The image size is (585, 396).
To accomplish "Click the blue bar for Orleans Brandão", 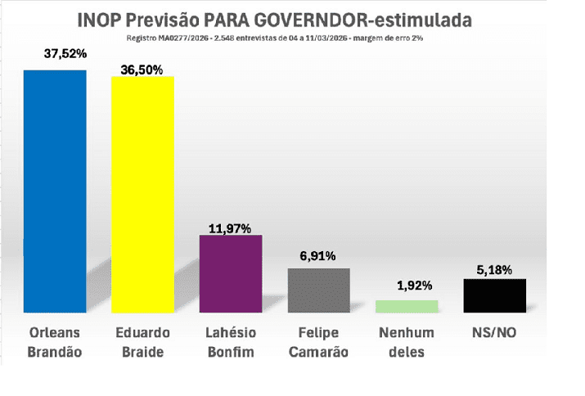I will [x=54, y=191].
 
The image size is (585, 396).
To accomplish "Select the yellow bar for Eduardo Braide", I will [x=142, y=194].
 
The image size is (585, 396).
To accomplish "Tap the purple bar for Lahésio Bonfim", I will [x=231, y=273].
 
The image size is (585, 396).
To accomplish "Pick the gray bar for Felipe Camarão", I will [x=319, y=290].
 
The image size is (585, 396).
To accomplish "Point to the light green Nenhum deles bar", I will [x=407, y=306].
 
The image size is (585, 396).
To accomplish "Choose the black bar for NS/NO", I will [x=494, y=295].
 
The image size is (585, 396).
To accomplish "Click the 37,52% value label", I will [x=66, y=54].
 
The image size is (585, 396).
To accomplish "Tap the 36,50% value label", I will [x=142, y=70].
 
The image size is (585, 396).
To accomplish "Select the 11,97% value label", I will [x=230, y=227].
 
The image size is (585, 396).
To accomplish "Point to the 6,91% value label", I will [x=318, y=256].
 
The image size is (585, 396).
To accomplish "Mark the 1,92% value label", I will [x=407, y=286].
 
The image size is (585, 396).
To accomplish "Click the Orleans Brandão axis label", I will [x=54, y=342].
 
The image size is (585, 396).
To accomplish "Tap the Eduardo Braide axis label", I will [x=142, y=342].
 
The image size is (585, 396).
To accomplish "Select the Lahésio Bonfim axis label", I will [x=231, y=342].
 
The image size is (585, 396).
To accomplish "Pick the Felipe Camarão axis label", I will [x=318, y=342].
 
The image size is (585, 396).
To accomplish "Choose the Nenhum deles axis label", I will [x=407, y=342].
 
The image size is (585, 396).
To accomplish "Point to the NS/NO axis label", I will [x=494, y=333].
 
